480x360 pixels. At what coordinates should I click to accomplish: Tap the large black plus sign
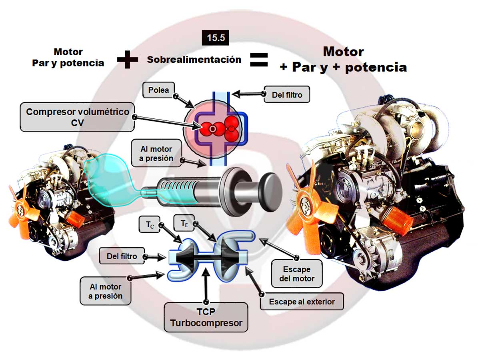tap(128, 60)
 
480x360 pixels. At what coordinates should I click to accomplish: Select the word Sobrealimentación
tap(194, 60)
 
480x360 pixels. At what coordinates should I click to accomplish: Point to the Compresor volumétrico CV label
tap(77, 117)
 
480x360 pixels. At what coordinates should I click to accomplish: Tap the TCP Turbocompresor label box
tap(206, 318)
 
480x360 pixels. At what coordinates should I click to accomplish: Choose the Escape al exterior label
tap(302, 302)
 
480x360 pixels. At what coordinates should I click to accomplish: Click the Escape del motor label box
tap(296, 274)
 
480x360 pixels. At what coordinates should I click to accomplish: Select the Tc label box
tap(149, 225)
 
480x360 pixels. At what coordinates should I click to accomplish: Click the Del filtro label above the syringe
tap(287, 95)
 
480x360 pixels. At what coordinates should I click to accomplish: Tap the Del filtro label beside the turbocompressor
tap(122, 256)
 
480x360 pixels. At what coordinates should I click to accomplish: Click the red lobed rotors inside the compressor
tap(220, 127)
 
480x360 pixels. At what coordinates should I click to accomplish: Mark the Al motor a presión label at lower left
tap(105, 291)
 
